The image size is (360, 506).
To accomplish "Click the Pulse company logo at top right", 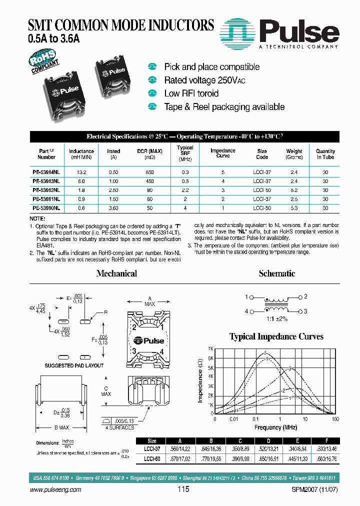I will [x=280, y=32].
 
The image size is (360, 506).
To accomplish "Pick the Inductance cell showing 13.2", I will [x=81, y=172].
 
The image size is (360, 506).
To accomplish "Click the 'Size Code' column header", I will [x=262, y=153].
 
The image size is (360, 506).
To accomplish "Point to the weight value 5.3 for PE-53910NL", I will [x=294, y=208].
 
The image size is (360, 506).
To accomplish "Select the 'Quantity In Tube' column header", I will [x=325, y=153].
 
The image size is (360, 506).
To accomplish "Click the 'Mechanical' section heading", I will [x=116, y=273].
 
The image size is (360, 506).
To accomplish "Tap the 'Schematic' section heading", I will [x=277, y=273].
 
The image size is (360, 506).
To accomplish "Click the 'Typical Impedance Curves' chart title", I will [x=276, y=336].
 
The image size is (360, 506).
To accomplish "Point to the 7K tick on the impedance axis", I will [x=211, y=348].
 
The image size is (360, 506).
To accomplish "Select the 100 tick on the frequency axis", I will [x=335, y=419].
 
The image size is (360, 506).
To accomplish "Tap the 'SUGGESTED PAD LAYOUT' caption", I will [x=73, y=365].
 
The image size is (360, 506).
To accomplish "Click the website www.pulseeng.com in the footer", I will [x=55, y=490].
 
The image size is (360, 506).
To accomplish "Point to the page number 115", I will [x=183, y=490].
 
